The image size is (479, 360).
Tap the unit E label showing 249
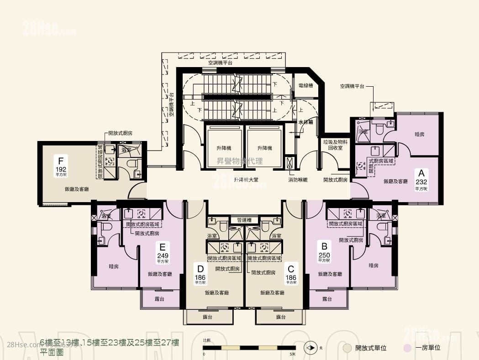(163, 252)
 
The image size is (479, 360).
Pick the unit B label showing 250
(324, 250)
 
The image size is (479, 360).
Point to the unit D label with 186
(200, 272)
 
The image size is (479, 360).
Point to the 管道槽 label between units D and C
(244, 220)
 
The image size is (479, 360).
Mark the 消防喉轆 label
(298, 180)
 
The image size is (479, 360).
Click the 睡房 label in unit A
(420, 135)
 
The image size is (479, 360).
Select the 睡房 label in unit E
(114, 266)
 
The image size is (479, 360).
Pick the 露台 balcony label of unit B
(326, 299)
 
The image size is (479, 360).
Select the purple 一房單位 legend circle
(407, 348)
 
